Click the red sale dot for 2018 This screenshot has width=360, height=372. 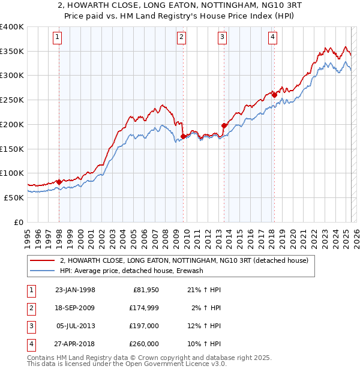(274, 94)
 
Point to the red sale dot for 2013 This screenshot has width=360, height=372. (224, 125)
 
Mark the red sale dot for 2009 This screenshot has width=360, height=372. (183, 136)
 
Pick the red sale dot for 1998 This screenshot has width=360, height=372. (59, 181)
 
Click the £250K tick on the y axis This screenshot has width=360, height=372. (12, 100)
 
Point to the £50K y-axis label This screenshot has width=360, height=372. (14, 197)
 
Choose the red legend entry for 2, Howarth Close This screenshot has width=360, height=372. (184, 260)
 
